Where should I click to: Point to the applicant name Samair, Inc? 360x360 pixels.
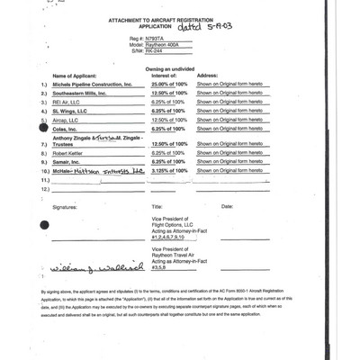pos(70,174)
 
